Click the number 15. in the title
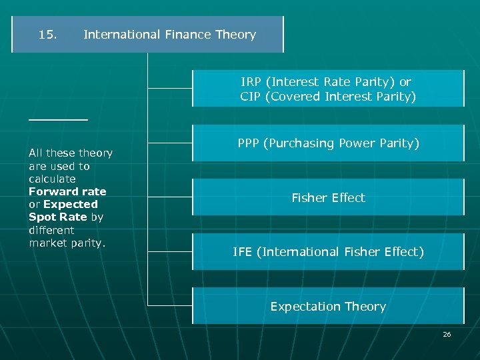[x=47, y=35]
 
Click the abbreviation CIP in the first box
[x=251, y=97]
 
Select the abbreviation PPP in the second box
[x=249, y=143]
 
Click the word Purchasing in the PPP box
[x=295, y=143]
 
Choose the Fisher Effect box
[x=328, y=197]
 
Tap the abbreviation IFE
[x=242, y=252]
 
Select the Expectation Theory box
[x=328, y=306]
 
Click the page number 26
[x=447, y=334]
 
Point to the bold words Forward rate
[x=67, y=191]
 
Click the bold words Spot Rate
[x=57, y=217]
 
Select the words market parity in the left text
[x=67, y=243]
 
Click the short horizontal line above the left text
[x=58, y=119]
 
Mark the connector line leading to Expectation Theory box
[x=170, y=305]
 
